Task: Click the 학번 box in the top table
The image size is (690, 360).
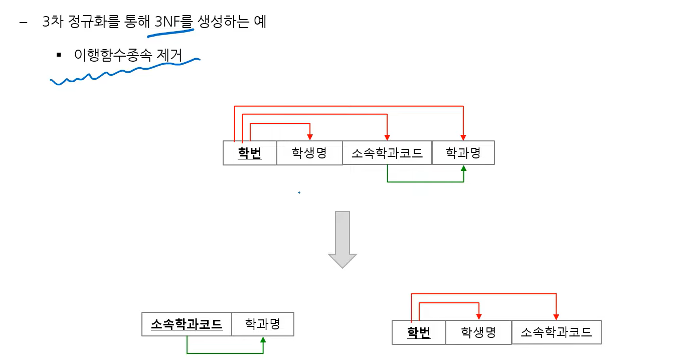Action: click(250, 153)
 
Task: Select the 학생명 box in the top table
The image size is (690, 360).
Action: click(309, 153)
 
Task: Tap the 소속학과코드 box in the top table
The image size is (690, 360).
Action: click(387, 153)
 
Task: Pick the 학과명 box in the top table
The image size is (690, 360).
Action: click(463, 153)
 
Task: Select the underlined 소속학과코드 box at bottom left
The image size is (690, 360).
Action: click(187, 324)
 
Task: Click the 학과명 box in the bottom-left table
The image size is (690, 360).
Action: click(262, 324)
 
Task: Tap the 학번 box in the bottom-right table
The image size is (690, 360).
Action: click(419, 332)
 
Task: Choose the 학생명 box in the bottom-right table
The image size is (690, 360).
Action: click(478, 332)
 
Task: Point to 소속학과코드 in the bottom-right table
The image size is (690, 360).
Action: click(556, 332)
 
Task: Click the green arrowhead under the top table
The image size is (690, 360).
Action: click(463, 169)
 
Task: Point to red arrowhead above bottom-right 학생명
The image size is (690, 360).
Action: click(479, 316)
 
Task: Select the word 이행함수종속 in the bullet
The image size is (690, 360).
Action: click(112, 54)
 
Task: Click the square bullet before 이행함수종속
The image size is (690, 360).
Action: click(59, 54)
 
